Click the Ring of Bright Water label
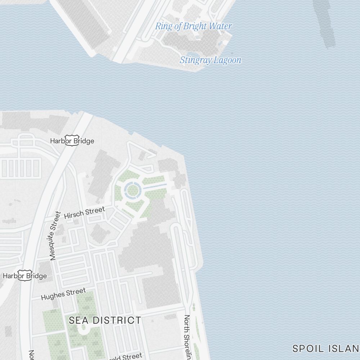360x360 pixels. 193,26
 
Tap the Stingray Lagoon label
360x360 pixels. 210,60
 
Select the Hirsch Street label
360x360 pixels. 85,212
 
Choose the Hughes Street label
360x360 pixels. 63,294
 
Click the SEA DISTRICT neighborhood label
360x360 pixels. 105,320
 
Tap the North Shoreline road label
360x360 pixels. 187,337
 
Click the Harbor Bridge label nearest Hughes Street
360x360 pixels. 25,276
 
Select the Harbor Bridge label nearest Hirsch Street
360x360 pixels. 72,141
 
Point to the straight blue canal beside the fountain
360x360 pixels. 155,186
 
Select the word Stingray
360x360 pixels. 195,60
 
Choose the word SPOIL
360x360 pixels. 306,348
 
